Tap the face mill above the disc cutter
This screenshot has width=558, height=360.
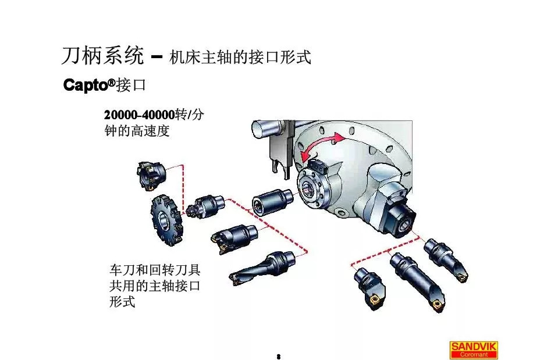(x=151, y=173)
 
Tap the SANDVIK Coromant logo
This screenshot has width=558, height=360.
(x=473, y=350)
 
